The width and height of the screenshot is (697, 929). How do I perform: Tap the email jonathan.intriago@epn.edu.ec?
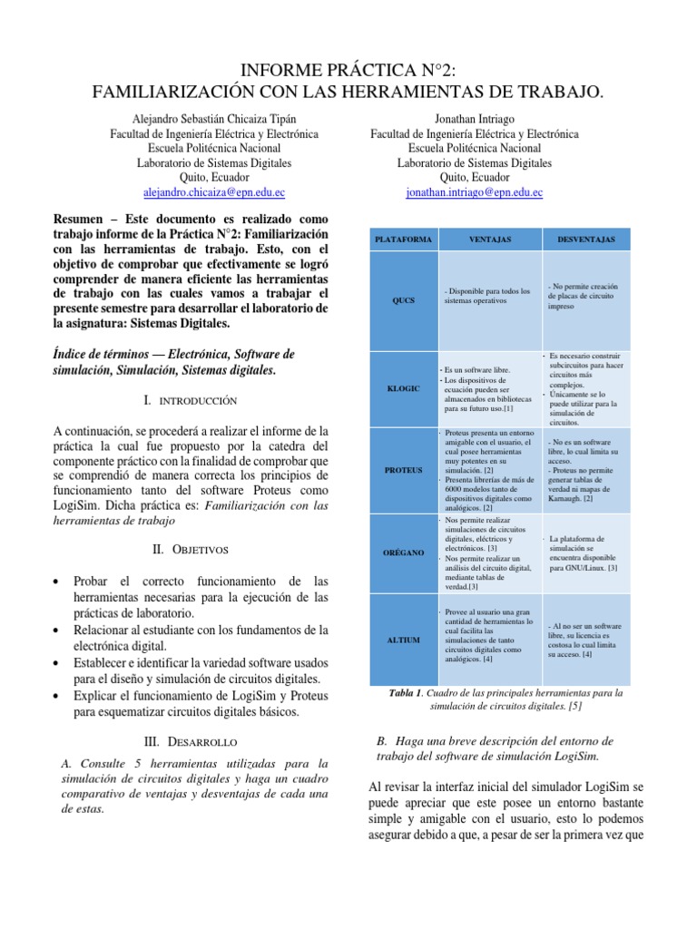tap(474, 193)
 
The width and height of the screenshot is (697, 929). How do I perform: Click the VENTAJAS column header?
tap(489, 239)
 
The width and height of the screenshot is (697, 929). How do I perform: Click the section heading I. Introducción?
tap(190, 400)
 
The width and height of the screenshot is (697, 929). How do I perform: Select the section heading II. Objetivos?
tap(190, 550)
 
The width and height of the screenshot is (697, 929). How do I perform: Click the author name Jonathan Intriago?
tap(474, 119)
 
